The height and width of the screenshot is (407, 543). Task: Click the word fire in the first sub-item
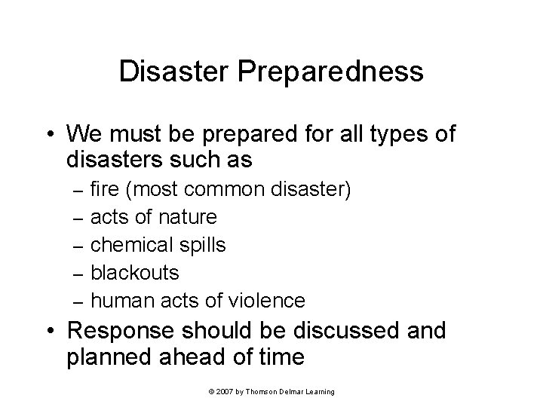pos(103,189)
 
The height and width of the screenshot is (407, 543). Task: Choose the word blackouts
pos(135,272)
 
